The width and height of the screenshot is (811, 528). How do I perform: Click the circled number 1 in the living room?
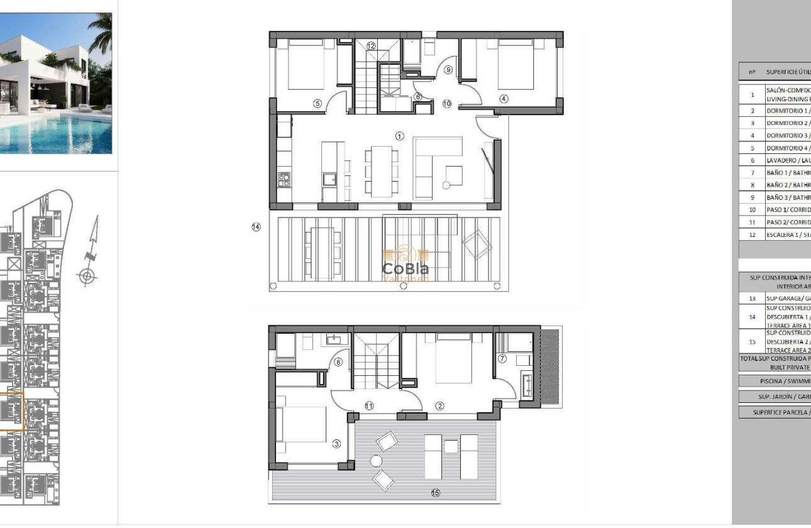pyautogui.click(x=399, y=136)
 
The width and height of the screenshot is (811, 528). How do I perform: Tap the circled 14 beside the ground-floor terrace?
pyautogui.click(x=256, y=227)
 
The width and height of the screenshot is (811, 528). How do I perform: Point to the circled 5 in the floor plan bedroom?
pyautogui.click(x=317, y=104)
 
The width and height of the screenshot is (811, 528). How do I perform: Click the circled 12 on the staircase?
pyautogui.click(x=371, y=46)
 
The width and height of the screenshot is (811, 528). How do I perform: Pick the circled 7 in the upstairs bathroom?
pyautogui.click(x=502, y=359)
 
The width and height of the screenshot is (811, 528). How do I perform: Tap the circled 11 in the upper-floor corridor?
pyautogui.click(x=369, y=406)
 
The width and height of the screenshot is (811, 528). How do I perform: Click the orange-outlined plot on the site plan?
pyautogui.click(x=11, y=411)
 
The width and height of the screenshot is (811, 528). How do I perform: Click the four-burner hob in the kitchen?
pyautogui.click(x=284, y=180)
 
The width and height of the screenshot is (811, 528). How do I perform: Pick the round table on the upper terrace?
pyautogui.click(x=376, y=461)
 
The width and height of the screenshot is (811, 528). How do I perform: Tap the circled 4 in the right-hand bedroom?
pyautogui.click(x=504, y=99)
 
